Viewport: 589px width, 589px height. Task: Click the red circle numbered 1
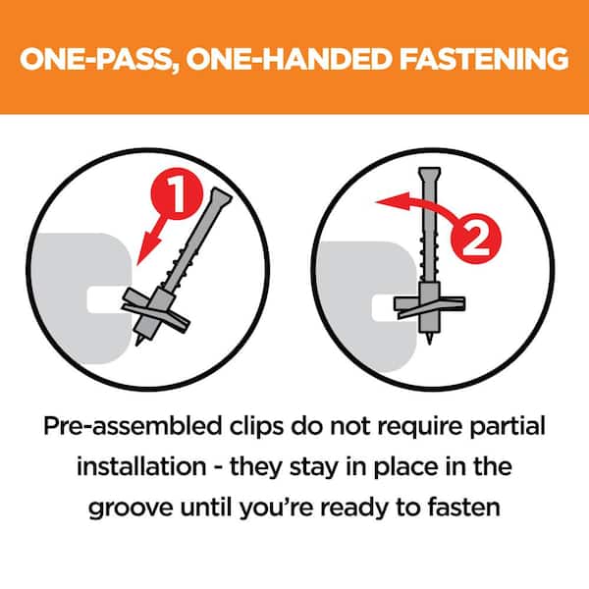[x=177, y=193]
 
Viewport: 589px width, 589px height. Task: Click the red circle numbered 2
[x=475, y=239]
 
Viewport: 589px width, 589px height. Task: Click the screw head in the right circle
[x=429, y=174]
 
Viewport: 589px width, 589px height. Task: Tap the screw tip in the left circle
[x=139, y=341]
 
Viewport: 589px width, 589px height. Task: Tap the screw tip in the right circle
[x=429, y=340]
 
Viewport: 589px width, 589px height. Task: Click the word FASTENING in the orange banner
[x=484, y=59]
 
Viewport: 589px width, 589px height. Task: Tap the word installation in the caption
[x=141, y=466]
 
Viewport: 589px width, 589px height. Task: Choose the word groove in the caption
[x=131, y=509]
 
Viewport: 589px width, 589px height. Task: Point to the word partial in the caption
[x=508, y=426]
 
